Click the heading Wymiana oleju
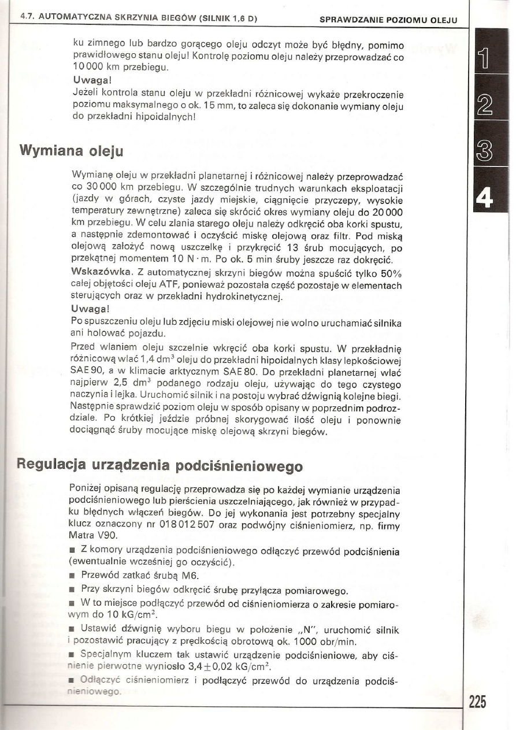(71, 151)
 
